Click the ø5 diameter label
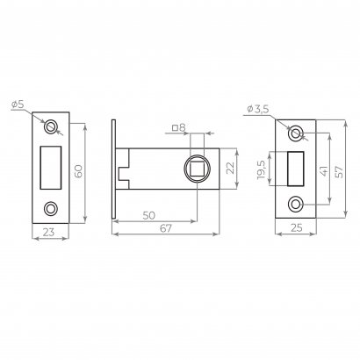click(18, 104)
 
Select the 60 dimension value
click(78, 171)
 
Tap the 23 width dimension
click(49, 232)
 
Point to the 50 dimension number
click(148, 215)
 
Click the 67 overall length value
click(166, 228)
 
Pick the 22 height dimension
click(231, 168)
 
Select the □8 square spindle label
click(179, 127)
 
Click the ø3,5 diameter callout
click(257, 110)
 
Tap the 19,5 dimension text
click(261, 169)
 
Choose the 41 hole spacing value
click(323, 170)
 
